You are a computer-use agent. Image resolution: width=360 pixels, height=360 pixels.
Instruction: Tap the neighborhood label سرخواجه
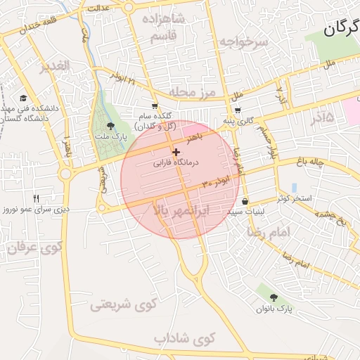click(x=243, y=41)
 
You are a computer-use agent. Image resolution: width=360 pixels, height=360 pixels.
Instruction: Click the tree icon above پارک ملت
click(x=108, y=127)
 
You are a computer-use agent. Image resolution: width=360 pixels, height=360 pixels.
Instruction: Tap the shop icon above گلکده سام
click(x=155, y=106)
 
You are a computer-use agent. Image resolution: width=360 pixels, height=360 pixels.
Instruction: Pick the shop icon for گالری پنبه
click(x=238, y=110)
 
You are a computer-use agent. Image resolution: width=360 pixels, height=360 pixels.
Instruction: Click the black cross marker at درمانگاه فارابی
click(x=175, y=152)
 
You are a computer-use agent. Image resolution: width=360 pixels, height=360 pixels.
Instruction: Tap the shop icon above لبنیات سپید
click(x=244, y=201)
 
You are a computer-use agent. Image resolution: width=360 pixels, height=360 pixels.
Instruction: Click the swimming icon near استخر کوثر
click(x=293, y=187)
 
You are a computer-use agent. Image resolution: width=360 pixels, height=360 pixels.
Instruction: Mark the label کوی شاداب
click(x=184, y=339)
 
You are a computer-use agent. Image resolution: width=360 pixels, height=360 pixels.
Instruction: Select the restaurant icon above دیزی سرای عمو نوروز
click(x=37, y=198)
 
